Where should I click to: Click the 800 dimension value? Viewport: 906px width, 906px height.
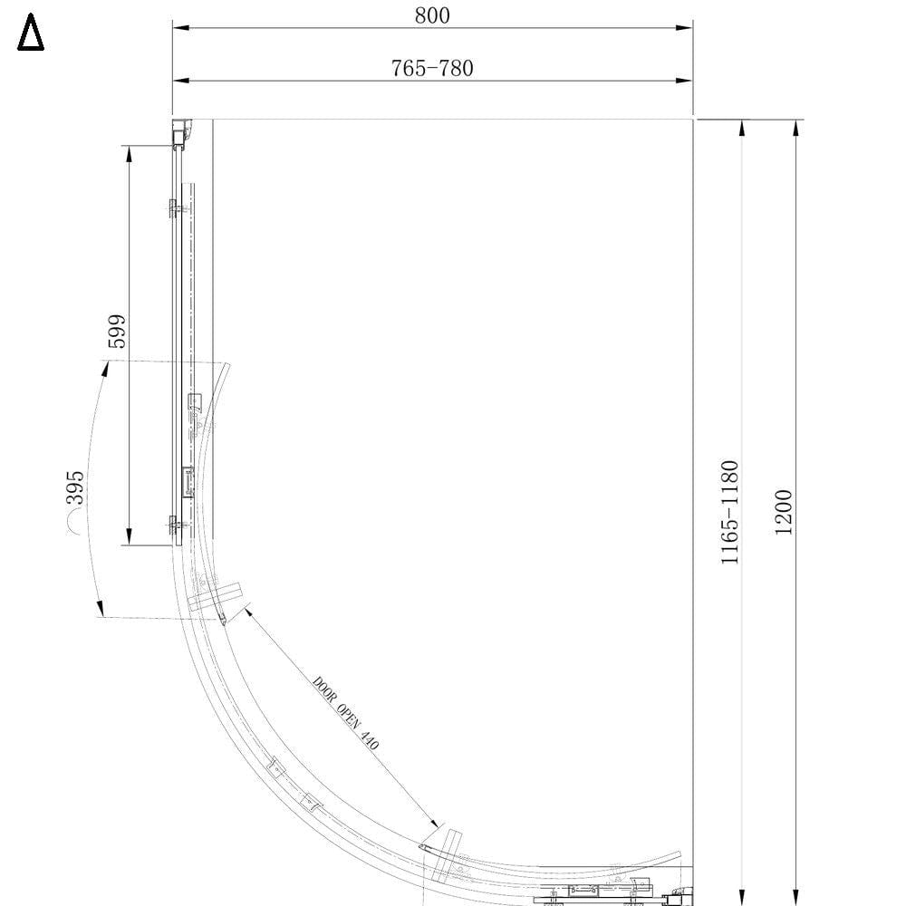(432, 15)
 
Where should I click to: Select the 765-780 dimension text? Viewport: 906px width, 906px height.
(432, 68)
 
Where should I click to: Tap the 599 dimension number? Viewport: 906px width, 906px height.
(116, 332)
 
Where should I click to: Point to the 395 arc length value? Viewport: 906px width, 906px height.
(74, 487)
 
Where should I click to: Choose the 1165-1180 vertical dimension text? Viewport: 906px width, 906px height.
(730, 513)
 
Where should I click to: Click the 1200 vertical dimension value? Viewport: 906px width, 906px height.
(784, 512)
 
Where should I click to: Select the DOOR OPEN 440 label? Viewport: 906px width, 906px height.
(345, 713)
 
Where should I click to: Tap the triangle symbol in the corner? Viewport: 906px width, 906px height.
(31, 35)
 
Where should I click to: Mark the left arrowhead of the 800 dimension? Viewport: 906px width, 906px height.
(180, 28)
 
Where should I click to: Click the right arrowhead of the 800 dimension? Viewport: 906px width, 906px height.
(686, 28)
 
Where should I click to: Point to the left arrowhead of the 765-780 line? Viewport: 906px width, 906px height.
(180, 81)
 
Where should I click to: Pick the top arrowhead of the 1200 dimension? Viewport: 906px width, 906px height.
(795, 128)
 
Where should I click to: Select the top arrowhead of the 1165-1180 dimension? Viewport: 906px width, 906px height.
(742, 128)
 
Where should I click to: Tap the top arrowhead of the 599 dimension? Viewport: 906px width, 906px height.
(129, 153)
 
